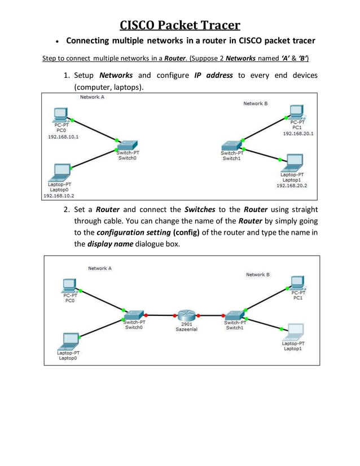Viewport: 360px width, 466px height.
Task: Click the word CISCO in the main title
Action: tap(139, 25)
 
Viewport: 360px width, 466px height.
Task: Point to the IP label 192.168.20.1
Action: tap(298, 134)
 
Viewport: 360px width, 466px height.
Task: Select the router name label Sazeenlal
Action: tap(186, 331)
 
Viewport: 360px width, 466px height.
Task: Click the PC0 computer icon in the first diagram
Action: tap(60, 115)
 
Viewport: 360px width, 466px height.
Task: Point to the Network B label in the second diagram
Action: tap(258, 274)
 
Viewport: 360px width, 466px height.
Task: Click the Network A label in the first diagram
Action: tap(92, 97)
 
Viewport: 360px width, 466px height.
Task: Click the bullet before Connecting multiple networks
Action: tap(57, 42)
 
